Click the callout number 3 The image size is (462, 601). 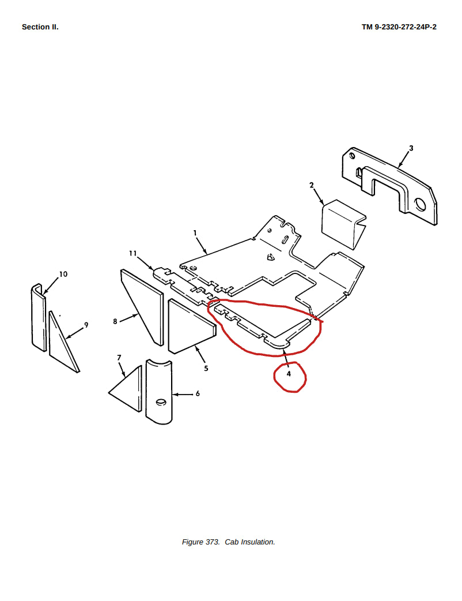tap(411, 148)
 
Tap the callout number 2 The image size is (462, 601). tap(312, 185)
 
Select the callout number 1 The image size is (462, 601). tap(195, 232)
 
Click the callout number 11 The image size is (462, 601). tap(132, 253)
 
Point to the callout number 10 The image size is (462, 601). tap(63, 274)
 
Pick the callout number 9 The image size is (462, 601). tap(86, 325)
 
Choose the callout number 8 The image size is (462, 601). tap(115, 321)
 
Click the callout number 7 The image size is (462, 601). tap(119, 357)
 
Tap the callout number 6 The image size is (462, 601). tap(198, 393)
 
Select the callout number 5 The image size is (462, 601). tap(206, 369)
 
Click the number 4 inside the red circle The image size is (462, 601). tap(289, 373)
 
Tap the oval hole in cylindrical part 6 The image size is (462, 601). tap(161, 402)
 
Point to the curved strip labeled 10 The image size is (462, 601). tap(38, 318)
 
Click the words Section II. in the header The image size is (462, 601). tap(40, 27)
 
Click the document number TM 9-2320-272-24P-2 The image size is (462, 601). tap(399, 27)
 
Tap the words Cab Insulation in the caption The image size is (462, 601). tap(249, 542)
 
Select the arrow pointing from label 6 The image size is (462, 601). tap(182, 394)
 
